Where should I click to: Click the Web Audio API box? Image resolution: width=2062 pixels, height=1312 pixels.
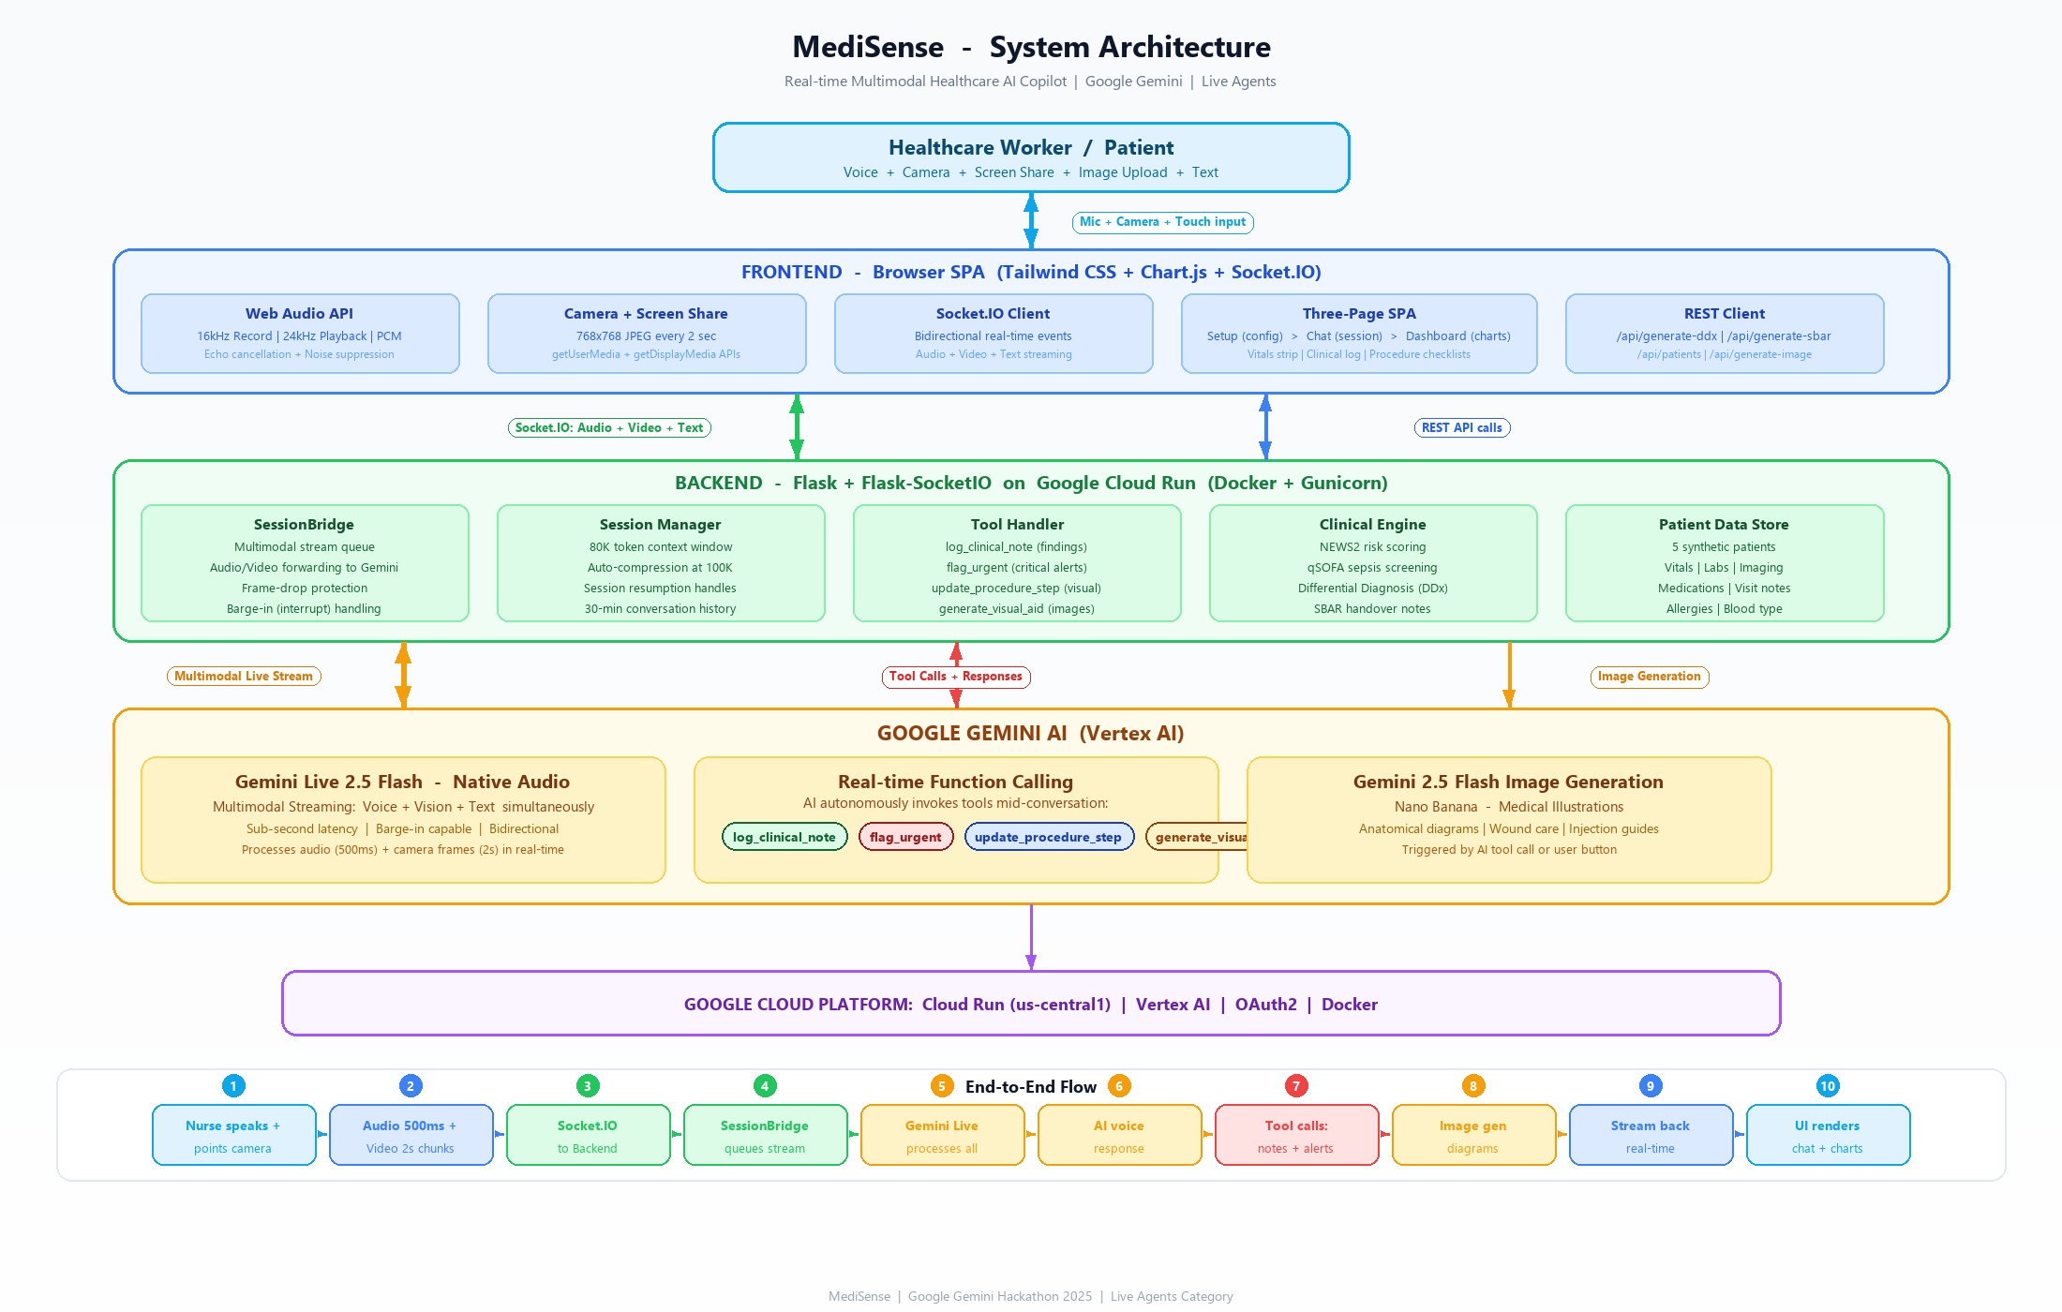pyautogui.click(x=300, y=334)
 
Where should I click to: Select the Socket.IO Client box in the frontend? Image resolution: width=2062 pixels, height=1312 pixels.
pyautogui.click(x=994, y=334)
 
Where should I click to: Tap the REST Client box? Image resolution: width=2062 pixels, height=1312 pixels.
pyautogui.click(x=1724, y=334)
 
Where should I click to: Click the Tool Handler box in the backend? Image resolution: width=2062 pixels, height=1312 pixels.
pyautogui.click(x=1017, y=563)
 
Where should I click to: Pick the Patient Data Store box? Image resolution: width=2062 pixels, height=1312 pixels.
pyautogui.click(x=1724, y=563)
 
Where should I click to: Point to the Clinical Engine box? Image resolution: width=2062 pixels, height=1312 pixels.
pyautogui.click(x=1373, y=563)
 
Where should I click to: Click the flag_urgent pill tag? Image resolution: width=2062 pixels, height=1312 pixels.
pyautogui.click(x=905, y=837)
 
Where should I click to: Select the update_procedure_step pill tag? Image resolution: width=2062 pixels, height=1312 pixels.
pyautogui.click(x=1049, y=837)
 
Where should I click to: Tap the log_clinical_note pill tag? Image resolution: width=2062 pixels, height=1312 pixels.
pyautogui.click(x=784, y=837)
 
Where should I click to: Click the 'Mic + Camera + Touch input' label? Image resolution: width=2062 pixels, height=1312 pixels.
pyautogui.click(x=1162, y=222)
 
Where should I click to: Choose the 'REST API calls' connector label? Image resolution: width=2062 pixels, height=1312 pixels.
pyautogui.click(x=1461, y=428)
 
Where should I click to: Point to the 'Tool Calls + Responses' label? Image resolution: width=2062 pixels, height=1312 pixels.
pyautogui.click(x=956, y=677)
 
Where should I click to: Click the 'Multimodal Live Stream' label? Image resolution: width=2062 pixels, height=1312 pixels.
pyautogui.click(x=244, y=677)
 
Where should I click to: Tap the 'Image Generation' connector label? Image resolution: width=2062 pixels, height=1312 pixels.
pyautogui.click(x=1649, y=677)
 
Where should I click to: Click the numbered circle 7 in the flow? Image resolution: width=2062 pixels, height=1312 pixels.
pyautogui.click(x=1296, y=1086)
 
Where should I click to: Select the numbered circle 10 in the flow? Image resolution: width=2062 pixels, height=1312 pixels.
pyautogui.click(x=1828, y=1086)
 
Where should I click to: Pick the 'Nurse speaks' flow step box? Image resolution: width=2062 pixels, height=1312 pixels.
pyautogui.click(x=233, y=1135)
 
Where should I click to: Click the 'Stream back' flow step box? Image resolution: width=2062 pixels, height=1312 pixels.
pyautogui.click(x=1651, y=1135)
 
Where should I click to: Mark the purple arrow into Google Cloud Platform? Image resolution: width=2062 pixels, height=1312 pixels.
pyautogui.click(x=1031, y=937)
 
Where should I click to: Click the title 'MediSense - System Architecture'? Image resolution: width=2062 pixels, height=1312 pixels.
pyautogui.click(x=1031, y=47)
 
